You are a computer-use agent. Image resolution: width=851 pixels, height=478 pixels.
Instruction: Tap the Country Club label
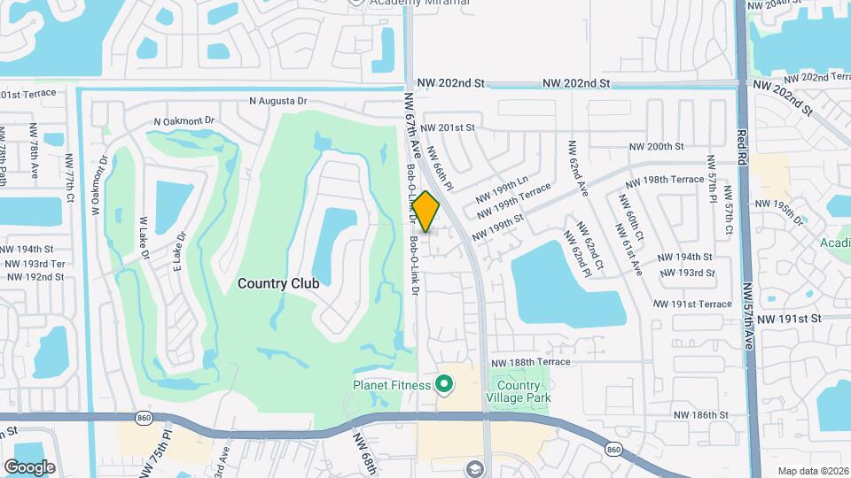(278, 283)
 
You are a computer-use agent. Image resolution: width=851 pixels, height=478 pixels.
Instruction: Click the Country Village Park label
(518, 391)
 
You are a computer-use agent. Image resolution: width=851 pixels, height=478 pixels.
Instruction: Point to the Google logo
(29, 466)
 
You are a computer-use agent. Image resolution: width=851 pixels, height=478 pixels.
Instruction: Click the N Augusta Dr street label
(277, 102)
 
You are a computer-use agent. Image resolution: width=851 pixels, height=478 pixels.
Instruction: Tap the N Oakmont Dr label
(184, 120)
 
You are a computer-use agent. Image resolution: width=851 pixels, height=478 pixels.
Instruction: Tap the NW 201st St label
(449, 127)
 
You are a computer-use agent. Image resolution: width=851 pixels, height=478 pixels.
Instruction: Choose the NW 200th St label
(656, 147)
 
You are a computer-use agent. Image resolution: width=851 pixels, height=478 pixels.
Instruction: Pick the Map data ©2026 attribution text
(813, 471)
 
